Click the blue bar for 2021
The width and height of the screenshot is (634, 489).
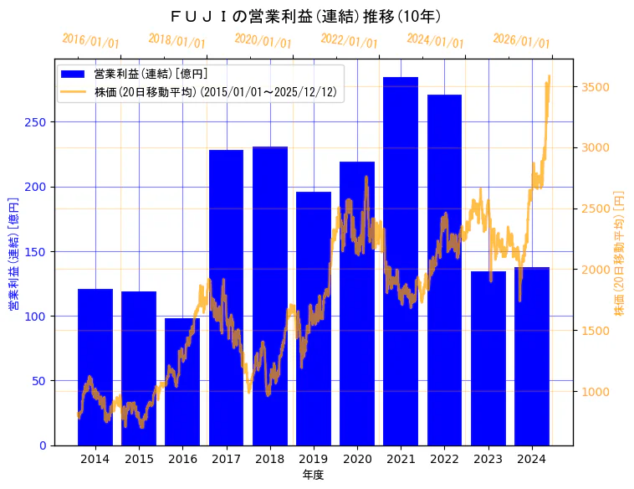click(x=401, y=260)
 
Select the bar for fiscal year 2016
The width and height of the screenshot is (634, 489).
click(x=182, y=381)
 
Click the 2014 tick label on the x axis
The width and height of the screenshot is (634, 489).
click(x=95, y=459)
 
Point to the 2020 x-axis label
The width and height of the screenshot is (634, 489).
click(x=357, y=459)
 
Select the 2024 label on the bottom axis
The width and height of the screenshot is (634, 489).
click(x=532, y=459)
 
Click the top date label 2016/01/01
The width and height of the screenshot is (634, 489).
click(x=90, y=41)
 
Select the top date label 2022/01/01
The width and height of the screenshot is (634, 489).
click(x=349, y=41)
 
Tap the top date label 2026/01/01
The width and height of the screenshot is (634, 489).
click(x=521, y=41)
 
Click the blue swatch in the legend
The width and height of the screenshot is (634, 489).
click(x=74, y=75)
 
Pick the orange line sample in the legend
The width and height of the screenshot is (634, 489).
click(x=74, y=92)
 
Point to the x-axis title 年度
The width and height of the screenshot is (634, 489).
click(x=313, y=475)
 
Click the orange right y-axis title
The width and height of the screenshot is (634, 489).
click(x=620, y=253)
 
